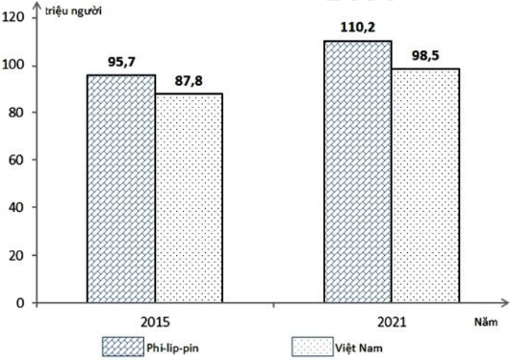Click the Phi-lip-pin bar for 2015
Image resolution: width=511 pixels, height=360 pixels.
click(x=121, y=189)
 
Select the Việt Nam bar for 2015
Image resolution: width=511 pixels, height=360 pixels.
click(x=189, y=198)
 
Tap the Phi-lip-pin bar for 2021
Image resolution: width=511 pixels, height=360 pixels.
click(x=358, y=172)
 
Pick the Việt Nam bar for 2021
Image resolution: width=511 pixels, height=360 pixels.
click(x=425, y=186)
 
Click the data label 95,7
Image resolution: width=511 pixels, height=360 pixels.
click(x=121, y=62)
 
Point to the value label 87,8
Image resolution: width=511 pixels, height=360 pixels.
click(x=189, y=81)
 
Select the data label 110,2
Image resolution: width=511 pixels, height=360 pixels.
click(x=358, y=27)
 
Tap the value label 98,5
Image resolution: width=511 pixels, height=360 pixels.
click(x=425, y=56)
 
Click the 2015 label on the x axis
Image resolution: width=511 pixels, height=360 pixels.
click(x=156, y=322)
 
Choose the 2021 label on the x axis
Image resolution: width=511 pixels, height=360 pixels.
click(x=392, y=322)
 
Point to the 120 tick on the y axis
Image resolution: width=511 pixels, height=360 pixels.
click(x=13, y=17)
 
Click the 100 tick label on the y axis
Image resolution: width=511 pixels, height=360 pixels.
click(x=13, y=65)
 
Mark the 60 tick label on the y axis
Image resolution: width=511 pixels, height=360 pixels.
click(x=17, y=160)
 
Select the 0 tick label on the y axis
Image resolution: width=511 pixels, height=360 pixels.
click(x=20, y=303)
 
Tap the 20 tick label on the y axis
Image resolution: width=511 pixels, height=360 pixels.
click(x=17, y=255)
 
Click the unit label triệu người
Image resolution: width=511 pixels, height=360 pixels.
click(x=73, y=12)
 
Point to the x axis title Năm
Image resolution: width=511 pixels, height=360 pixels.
click(x=486, y=322)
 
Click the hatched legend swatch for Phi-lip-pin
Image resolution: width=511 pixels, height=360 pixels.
click(x=123, y=347)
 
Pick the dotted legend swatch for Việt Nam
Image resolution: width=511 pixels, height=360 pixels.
click(x=313, y=347)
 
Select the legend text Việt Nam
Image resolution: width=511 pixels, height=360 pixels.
click(x=359, y=347)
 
